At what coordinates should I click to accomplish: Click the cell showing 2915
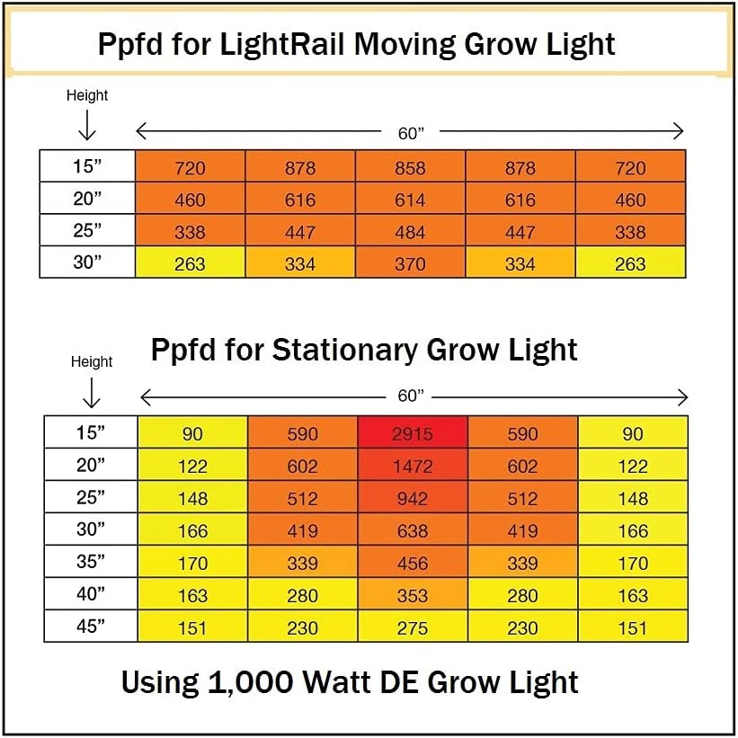coord(412,433)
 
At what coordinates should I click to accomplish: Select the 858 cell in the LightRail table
coord(410,167)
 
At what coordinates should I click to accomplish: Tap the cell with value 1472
coord(412,466)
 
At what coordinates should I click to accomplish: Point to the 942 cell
coord(412,498)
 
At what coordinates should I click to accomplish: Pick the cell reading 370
coord(410,263)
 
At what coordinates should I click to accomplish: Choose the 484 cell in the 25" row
coord(410,232)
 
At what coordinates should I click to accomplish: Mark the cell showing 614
coord(410,200)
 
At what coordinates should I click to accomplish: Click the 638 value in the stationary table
coord(412,530)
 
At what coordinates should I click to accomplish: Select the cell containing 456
coord(412,563)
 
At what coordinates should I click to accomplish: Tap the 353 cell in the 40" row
coord(412,595)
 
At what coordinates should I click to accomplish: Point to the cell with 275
coord(412,627)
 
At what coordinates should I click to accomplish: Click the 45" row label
coord(90,627)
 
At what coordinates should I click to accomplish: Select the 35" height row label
coord(90,562)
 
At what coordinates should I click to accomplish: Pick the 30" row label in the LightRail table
coord(88,262)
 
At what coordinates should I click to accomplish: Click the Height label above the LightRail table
coord(87,95)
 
